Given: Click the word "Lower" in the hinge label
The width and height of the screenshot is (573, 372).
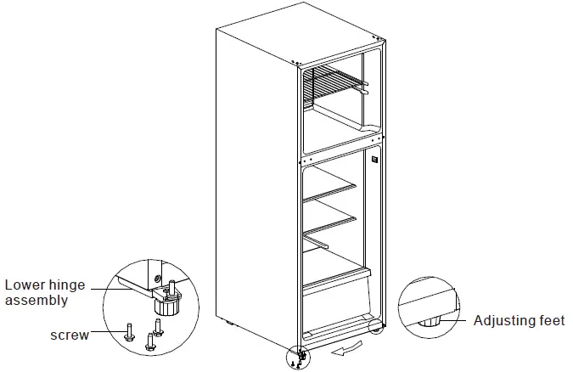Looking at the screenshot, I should [x=25, y=285].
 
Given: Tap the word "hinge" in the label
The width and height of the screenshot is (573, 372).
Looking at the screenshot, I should [x=69, y=285].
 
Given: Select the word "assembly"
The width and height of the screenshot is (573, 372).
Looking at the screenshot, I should [x=37, y=300].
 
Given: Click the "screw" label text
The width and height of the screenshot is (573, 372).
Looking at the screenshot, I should [x=70, y=335].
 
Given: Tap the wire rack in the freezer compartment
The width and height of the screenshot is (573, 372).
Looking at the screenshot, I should [x=335, y=83].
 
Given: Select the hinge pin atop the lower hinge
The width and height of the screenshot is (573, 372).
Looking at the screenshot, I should [x=173, y=285].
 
